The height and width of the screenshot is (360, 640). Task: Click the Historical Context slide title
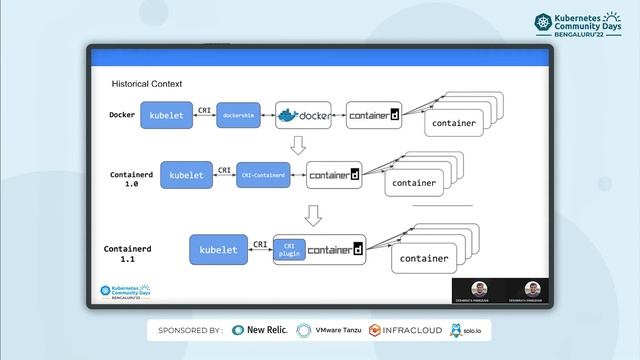[x=147, y=84]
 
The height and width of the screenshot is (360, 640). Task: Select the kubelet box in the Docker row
[x=165, y=116]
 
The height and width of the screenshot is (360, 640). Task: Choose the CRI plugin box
[x=289, y=249]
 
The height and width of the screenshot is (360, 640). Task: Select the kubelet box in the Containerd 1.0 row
[x=186, y=175]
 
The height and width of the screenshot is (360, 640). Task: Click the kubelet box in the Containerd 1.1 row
[x=218, y=249]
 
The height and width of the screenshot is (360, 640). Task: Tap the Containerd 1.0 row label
[x=129, y=179]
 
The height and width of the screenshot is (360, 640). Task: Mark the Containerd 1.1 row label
[x=127, y=252]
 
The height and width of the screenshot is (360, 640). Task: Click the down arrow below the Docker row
[x=297, y=145]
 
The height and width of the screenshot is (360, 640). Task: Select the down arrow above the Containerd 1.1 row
[x=313, y=214]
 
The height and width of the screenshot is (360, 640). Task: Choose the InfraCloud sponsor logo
[x=405, y=329]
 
